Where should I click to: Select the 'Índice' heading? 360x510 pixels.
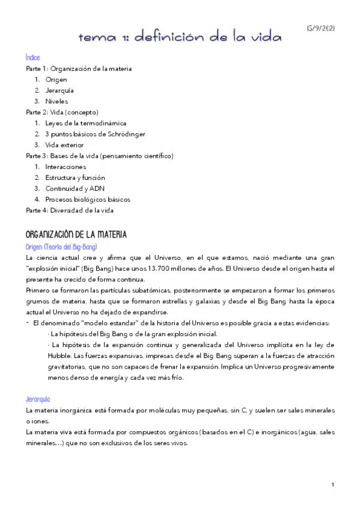pos(33,58)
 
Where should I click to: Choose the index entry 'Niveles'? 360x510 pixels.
pos(56,101)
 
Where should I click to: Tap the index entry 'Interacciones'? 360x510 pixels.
pos(66,167)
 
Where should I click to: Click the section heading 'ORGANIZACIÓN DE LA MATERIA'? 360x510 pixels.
pos(76,234)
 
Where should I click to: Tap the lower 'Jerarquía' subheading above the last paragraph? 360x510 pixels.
pos(38,399)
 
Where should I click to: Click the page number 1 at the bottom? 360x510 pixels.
pos(332,484)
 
